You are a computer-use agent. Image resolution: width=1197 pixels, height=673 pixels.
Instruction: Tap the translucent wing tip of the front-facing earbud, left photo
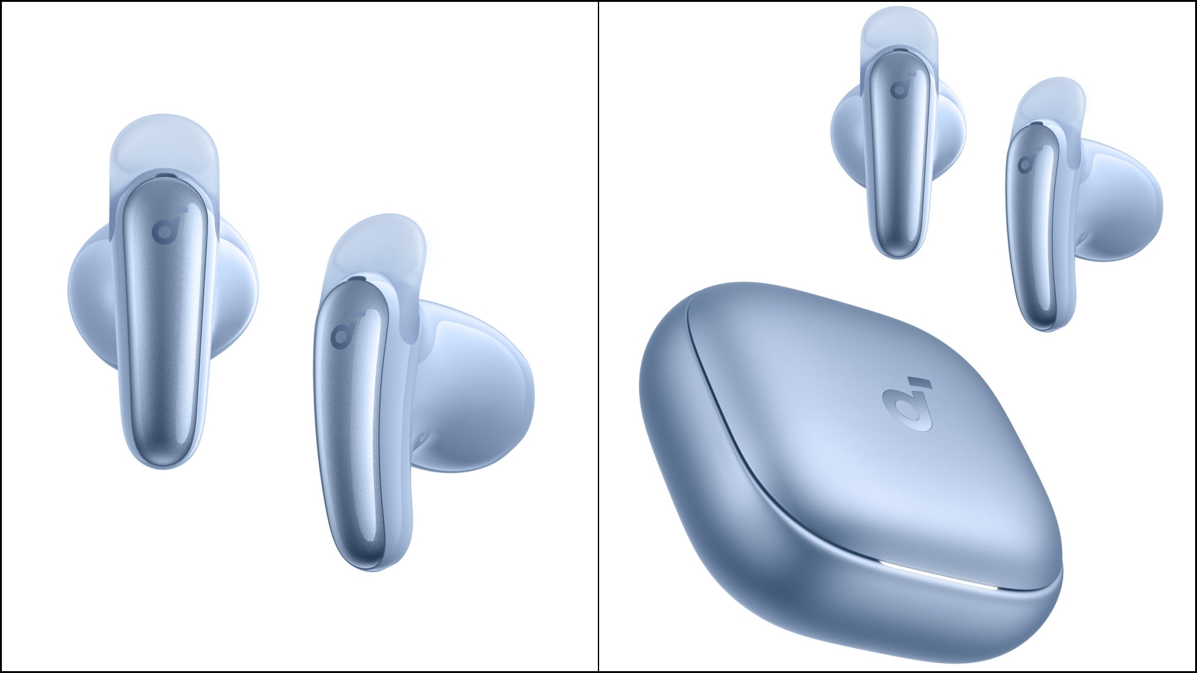[x=163, y=140]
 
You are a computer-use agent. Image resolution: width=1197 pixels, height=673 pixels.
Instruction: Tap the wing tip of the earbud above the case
[x=898, y=28]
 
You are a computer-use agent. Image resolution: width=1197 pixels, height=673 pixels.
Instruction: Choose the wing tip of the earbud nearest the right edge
[x=1054, y=100]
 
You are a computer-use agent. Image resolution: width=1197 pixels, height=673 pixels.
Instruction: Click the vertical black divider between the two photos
[x=598, y=336]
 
